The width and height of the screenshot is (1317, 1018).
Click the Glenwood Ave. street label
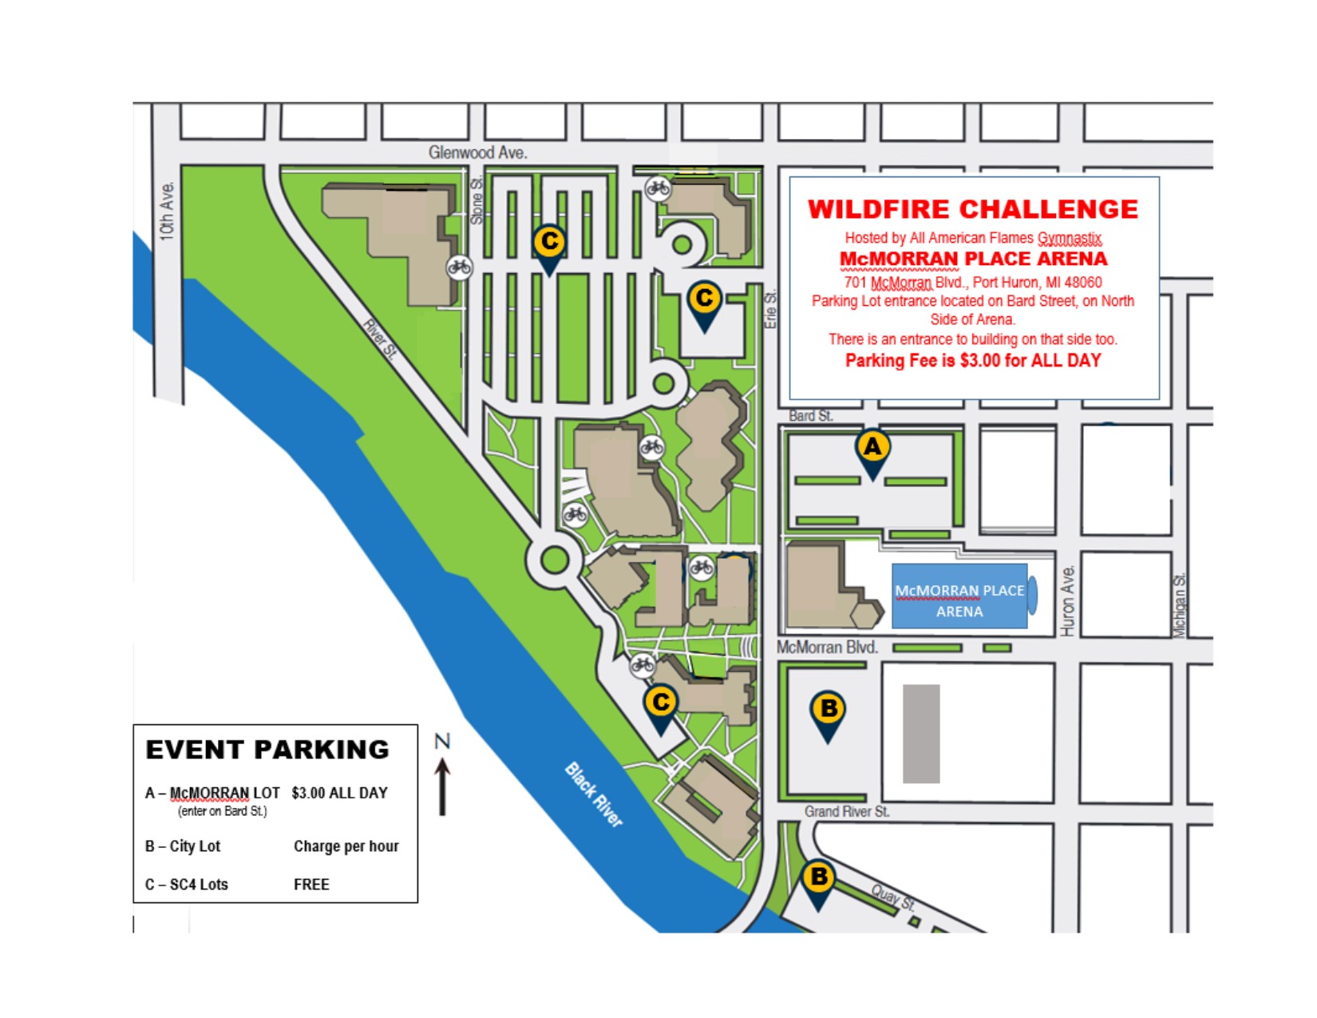(x=477, y=153)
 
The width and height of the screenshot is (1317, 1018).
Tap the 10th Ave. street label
(x=166, y=211)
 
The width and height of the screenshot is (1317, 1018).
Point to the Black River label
(x=593, y=794)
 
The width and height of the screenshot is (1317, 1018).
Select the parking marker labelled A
(x=872, y=449)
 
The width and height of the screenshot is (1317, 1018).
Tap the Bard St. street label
(x=810, y=416)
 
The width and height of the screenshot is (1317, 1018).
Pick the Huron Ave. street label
(x=1068, y=600)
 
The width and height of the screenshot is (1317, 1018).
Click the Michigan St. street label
(x=1180, y=604)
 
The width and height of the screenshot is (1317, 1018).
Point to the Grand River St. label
(x=846, y=812)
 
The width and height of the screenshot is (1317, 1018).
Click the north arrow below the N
(x=443, y=787)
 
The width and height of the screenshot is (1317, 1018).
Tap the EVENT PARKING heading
(x=267, y=750)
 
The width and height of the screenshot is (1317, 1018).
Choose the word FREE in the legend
(x=311, y=885)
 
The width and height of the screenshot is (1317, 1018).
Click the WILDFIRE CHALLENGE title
(x=973, y=209)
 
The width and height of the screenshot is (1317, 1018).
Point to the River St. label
(x=379, y=339)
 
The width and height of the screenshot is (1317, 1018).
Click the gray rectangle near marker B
(x=921, y=734)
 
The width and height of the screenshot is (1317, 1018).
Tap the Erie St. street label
(x=770, y=309)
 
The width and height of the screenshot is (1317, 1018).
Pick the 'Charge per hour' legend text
(x=346, y=846)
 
